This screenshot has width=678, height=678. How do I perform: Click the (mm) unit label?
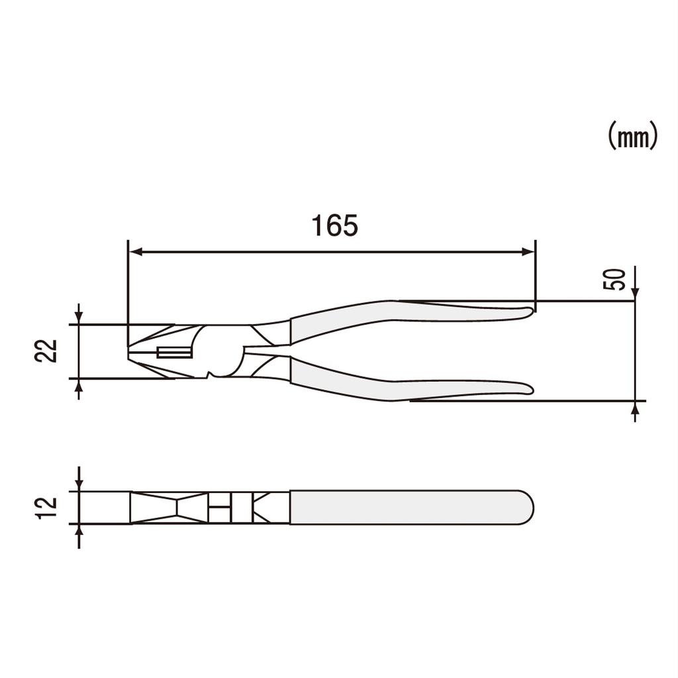pos(632,137)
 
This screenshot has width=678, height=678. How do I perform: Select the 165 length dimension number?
pos(335,226)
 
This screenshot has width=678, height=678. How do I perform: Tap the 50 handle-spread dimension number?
pos(614,279)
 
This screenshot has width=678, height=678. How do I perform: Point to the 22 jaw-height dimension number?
pos(47,351)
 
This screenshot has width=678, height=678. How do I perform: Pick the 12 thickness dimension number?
pos(47,508)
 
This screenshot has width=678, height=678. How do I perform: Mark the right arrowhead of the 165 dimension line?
pos(528,252)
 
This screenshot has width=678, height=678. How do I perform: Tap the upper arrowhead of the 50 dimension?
pos(635,294)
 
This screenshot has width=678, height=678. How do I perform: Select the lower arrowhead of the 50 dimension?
pos(635,408)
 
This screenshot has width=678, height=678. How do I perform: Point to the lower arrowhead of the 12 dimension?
pos(79,531)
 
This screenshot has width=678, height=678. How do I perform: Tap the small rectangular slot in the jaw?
pos(174,353)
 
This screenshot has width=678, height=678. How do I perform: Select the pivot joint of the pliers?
pos(218,351)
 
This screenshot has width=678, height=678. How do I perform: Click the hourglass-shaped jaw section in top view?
pos(176,508)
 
